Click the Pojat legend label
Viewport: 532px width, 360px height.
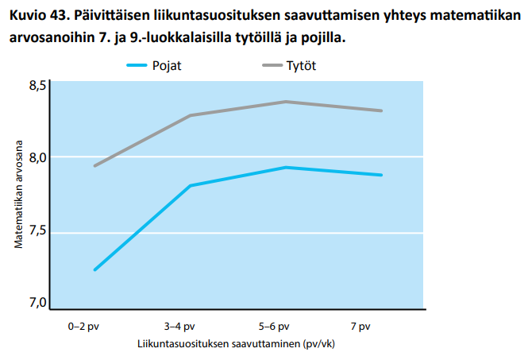coord(167,65)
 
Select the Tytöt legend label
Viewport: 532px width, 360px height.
coord(301,65)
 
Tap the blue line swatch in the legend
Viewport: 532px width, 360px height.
coord(137,65)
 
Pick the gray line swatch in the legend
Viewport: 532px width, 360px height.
coord(272,65)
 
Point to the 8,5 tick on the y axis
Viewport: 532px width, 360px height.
coord(37,86)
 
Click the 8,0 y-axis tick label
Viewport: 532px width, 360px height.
coord(37,158)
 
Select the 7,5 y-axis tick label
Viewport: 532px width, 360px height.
coord(37,230)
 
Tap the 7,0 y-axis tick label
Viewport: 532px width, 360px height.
coord(37,302)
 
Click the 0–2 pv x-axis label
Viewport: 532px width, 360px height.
coord(83,327)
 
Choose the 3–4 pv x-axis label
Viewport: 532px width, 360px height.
coord(179,327)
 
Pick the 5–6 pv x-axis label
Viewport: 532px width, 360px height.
coord(274,327)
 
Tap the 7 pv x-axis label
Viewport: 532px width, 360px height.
coord(360,327)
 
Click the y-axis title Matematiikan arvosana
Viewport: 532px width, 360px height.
coord(18,194)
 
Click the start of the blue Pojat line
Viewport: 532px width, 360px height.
coord(95,269)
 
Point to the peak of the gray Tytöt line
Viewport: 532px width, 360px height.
coord(286,102)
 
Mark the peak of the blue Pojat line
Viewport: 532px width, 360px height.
coord(286,168)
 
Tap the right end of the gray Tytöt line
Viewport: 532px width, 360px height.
coord(381,110)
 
